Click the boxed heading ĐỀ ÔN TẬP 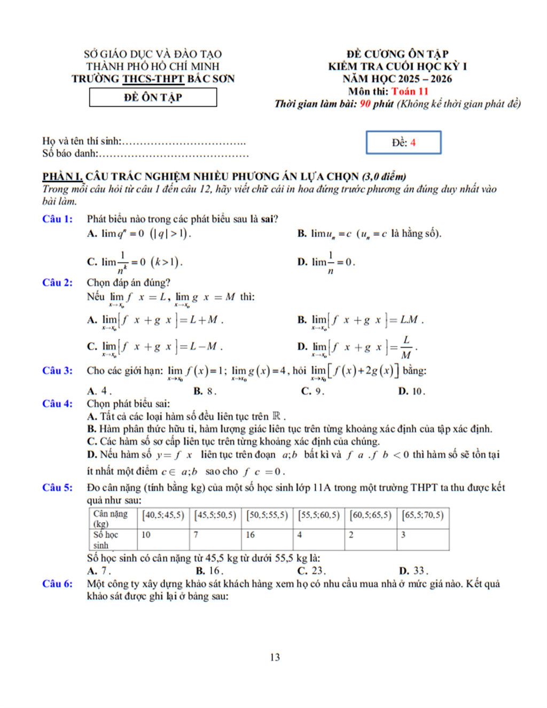coord(153,97)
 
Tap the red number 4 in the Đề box coord(413,143)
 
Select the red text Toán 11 coord(410,91)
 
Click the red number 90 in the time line coord(365,104)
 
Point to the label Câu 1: coord(57,219)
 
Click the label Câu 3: coord(57,371)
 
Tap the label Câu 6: coord(57,584)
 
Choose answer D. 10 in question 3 coord(411,391)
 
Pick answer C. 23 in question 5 coord(311,571)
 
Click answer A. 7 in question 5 coord(99,571)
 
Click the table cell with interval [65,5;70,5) coord(423,515)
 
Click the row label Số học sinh coord(105,540)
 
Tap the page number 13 coord(275,657)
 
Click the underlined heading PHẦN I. coord(62,177)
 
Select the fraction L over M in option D coord(406,348)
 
